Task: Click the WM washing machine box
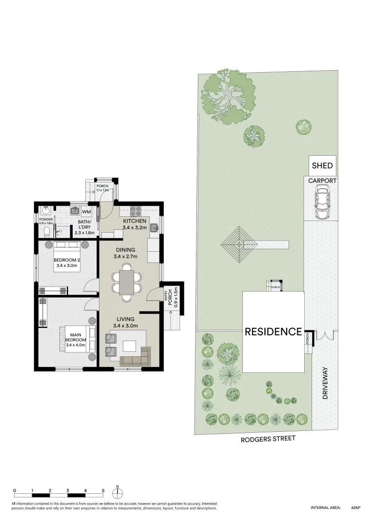pyautogui.click(x=86, y=212)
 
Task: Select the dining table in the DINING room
pyautogui.click(x=127, y=282)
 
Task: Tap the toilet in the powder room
pyautogui.click(x=47, y=231)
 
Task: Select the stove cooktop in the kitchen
pyautogui.click(x=136, y=211)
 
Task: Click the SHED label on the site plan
pyautogui.click(x=322, y=165)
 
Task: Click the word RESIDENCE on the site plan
pyautogui.click(x=273, y=332)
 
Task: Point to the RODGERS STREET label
pyautogui.click(x=268, y=439)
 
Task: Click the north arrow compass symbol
pyautogui.click(x=117, y=492)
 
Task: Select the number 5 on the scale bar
pyautogui.click(x=103, y=490)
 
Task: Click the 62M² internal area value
pyautogui.click(x=355, y=508)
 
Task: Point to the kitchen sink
pyautogui.click(x=155, y=227)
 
